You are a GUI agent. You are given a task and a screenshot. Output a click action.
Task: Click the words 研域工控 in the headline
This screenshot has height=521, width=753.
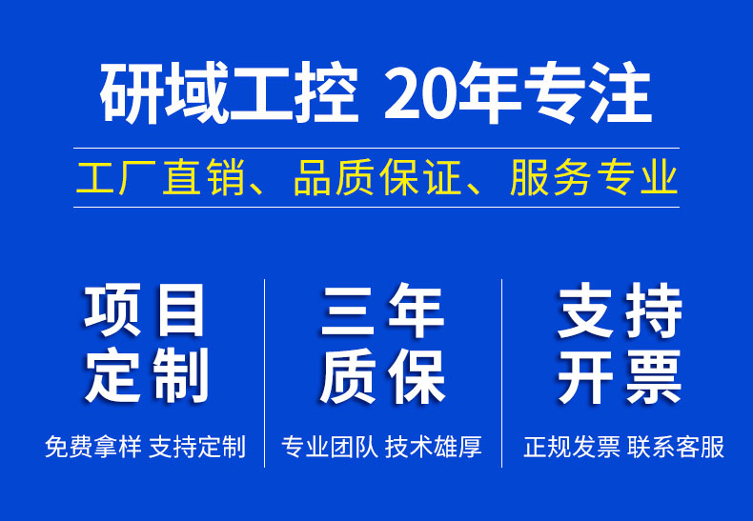tap(229, 93)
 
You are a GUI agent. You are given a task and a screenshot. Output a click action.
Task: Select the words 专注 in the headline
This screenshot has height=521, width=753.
tap(588, 93)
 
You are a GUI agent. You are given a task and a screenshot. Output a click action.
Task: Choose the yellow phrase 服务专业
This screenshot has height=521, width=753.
tap(594, 178)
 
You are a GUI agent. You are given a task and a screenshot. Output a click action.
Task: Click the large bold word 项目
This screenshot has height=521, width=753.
tap(144, 310)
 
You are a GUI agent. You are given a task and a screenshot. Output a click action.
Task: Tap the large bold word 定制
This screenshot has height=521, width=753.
tap(146, 375)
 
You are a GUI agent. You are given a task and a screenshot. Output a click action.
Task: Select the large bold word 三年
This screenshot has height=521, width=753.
tap(383, 310)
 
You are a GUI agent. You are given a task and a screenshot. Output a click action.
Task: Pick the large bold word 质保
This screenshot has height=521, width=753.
tap(383, 376)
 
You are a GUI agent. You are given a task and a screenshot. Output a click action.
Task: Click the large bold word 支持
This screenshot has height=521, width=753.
tap(620, 310)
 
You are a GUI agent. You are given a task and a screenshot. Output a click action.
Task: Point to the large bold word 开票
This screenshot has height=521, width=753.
tap(620, 376)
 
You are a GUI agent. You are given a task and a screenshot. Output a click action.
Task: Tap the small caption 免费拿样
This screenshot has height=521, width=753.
tap(93, 447)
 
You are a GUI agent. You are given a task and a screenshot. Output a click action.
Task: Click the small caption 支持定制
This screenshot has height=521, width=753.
tap(197, 447)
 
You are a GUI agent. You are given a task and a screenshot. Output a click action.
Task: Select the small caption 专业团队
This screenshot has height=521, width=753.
tap(330, 447)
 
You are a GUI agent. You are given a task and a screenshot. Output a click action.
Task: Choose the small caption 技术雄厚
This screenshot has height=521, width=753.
tap(433, 447)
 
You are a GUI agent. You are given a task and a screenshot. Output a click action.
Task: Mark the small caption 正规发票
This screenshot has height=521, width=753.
tap(572, 447)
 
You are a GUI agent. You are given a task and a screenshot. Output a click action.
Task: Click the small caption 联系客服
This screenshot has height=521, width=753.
tap(675, 447)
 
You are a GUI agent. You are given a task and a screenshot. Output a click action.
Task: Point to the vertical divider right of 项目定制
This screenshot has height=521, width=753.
tap(265, 372)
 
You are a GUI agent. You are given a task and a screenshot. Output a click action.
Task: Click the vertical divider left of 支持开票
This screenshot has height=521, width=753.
tap(501, 372)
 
